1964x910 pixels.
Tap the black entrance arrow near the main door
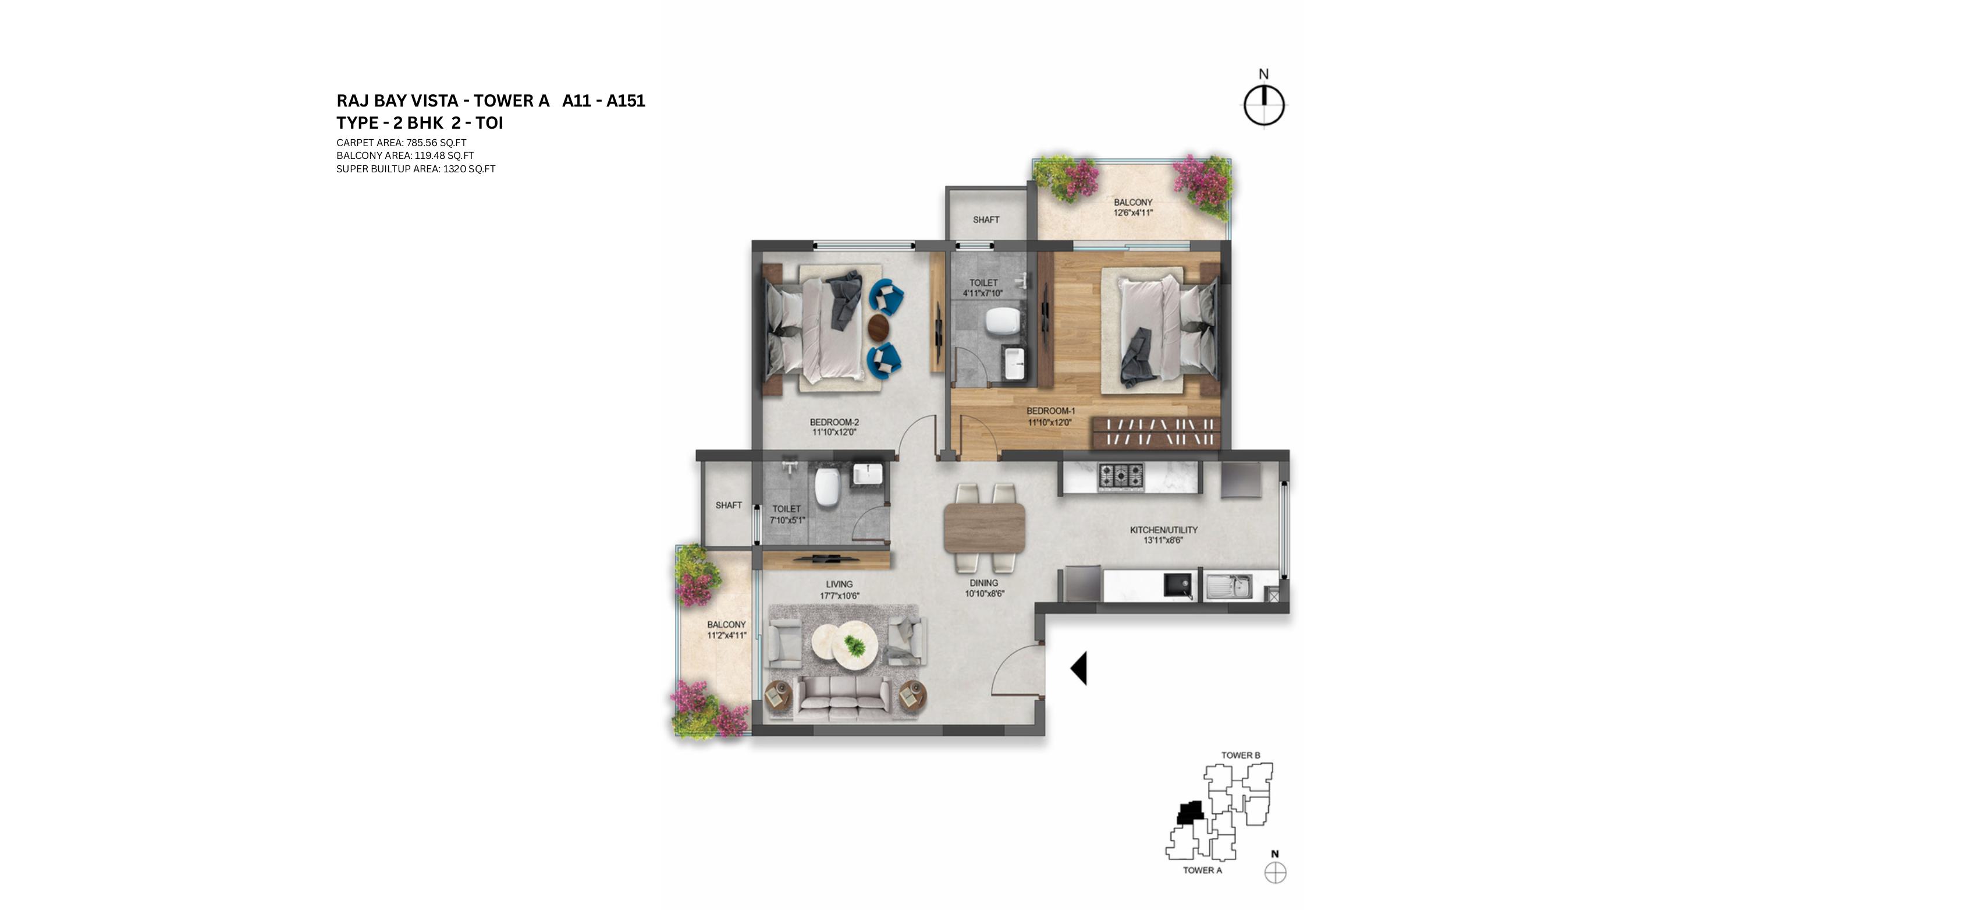click(1079, 668)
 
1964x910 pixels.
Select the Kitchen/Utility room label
click(1163, 529)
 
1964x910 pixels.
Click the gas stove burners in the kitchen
click(1120, 476)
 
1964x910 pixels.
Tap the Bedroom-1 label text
click(1050, 411)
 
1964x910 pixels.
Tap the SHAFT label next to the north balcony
click(986, 219)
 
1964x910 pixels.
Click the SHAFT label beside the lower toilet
click(728, 505)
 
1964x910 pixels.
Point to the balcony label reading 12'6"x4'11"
click(1133, 213)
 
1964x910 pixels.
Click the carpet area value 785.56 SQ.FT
click(436, 143)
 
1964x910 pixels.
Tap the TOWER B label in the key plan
click(1241, 755)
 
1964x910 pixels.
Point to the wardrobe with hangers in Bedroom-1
click(1156, 433)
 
